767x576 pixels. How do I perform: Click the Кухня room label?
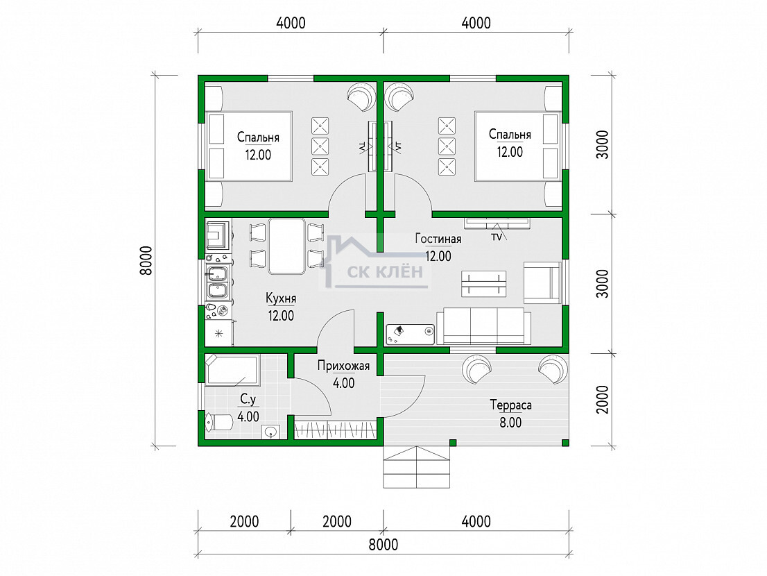(281, 298)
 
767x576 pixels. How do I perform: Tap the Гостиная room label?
(438, 239)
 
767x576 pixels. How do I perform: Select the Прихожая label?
(343, 366)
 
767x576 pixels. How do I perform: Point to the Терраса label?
(510, 405)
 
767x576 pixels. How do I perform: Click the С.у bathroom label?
(248, 400)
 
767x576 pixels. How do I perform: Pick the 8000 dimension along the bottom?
(383, 544)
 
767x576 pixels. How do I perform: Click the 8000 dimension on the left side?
(146, 261)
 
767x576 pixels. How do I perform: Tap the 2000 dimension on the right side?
(603, 400)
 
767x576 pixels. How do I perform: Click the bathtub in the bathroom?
(232, 371)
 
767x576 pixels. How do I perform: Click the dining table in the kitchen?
(286, 246)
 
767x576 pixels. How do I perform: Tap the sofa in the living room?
(484, 326)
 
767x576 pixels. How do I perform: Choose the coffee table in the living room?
(484, 284)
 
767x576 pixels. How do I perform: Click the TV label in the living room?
(497, 237)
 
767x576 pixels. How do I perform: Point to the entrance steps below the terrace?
(416, 467)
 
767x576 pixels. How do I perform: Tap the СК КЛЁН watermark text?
(385, 271)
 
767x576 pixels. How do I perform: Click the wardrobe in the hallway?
(335, 429)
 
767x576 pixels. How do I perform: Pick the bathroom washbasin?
(270, 432)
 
